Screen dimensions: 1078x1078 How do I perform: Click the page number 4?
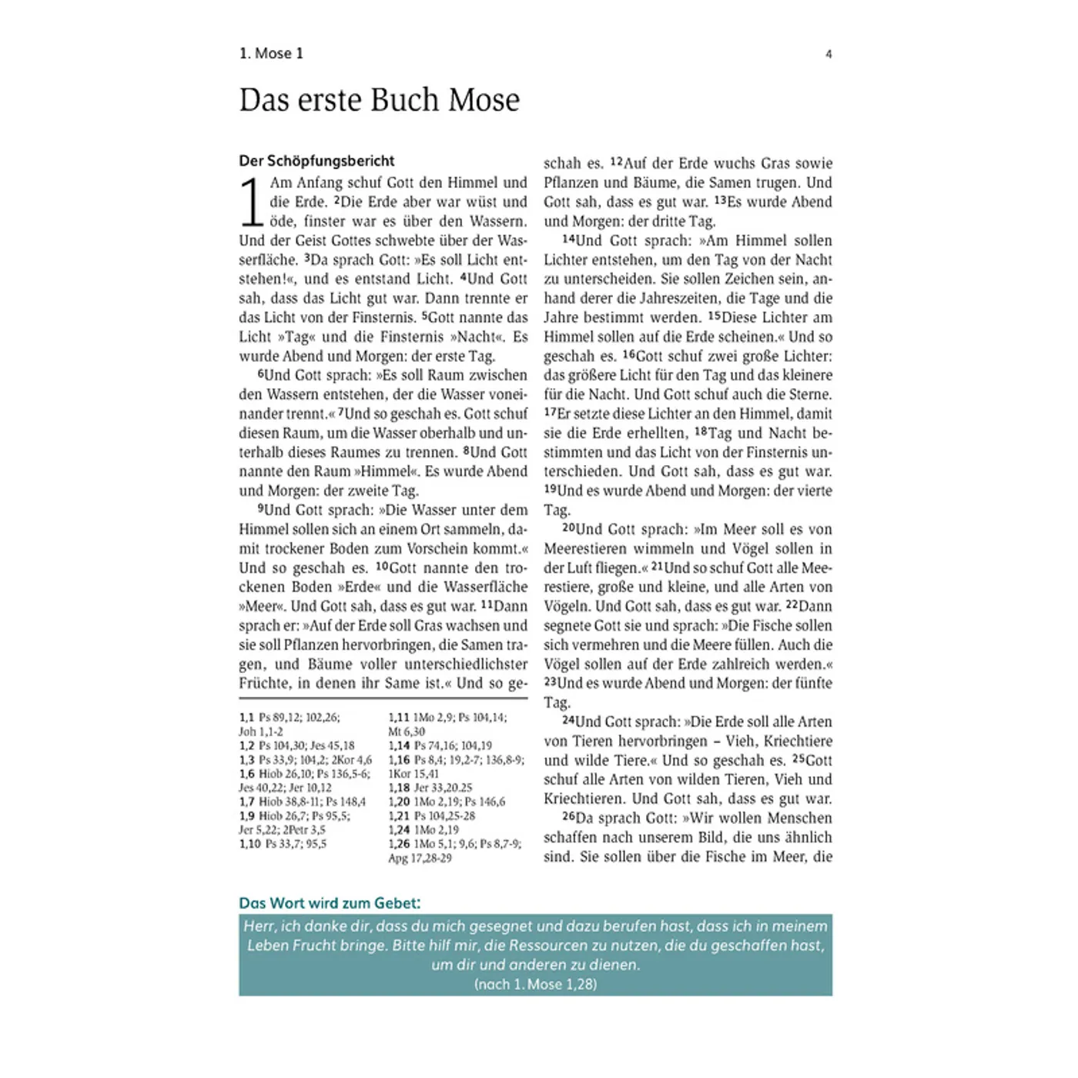pos(829,54)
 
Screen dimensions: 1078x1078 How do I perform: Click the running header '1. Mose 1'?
pos(271,53)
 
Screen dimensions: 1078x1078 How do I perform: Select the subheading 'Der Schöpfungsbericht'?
pos(316,161)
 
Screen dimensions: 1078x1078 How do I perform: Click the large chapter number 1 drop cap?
pos(251,202)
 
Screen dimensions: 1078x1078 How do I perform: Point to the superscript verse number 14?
pos(569,239)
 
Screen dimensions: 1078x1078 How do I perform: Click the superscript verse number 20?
pos(569,528)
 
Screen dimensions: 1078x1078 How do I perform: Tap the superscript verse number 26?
pos(569,816)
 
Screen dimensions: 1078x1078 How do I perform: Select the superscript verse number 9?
pos(261,508)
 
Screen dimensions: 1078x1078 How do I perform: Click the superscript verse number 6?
pos(261,373)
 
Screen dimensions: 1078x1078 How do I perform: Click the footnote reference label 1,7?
pos(247,802)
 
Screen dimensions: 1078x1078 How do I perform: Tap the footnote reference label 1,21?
pos(399,815)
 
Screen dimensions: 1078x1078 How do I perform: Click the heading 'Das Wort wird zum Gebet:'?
pos(330,903)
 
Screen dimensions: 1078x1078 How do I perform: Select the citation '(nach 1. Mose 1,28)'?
pos(535,984)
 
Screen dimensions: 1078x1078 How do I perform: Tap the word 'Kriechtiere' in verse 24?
pos(798,741)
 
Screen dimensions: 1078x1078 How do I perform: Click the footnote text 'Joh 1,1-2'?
pos(260,731)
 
